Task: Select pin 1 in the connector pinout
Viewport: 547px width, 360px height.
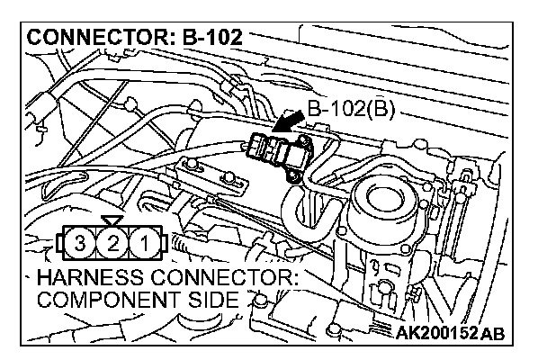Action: pos(141,242)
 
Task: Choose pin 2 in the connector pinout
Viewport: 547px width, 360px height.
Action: pos(112,242)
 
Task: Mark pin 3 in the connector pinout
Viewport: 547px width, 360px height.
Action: pos(82,242)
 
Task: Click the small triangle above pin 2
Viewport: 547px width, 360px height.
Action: pos(112,220)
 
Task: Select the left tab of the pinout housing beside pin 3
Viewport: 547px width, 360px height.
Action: pos(60,242)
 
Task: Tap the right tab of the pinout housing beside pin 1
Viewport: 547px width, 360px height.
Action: pos(163,242)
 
